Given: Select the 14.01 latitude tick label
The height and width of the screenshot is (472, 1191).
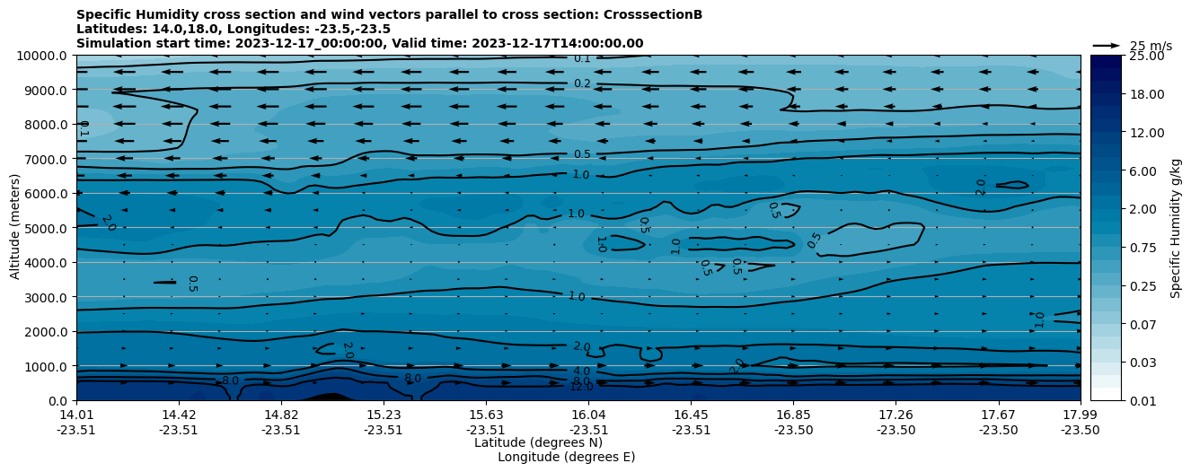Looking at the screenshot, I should point(76,415).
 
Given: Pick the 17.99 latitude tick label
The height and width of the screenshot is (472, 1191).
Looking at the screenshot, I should point(1080,415).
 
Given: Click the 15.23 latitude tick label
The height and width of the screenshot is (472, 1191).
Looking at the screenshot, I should point(384,415).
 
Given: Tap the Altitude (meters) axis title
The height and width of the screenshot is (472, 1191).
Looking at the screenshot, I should point(15,228).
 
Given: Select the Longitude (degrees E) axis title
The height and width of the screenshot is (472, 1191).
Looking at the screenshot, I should point(566,457).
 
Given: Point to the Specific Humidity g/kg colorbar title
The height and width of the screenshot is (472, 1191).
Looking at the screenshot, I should point(1176,228).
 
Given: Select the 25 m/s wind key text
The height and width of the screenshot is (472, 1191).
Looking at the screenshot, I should point(1151,46).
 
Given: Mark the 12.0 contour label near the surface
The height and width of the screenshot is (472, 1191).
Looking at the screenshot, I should point(581,387).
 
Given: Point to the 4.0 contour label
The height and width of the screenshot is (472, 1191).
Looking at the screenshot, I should point(581,371).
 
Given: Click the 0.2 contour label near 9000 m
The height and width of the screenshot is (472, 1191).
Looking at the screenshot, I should point(583,83).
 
